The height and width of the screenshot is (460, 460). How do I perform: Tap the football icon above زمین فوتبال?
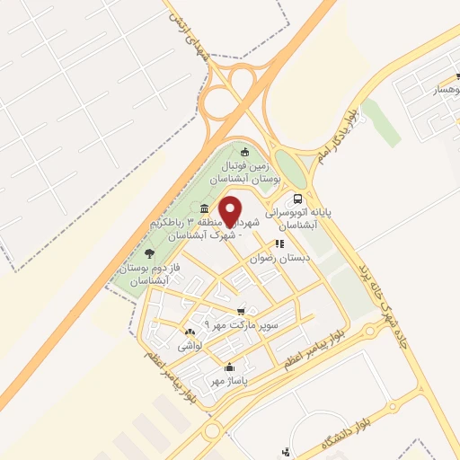point(244,150)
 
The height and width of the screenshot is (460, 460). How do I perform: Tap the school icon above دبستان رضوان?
point(280,243)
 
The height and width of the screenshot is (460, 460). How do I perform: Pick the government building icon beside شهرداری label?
point(193,209)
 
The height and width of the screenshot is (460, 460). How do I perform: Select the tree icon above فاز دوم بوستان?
point(148,254)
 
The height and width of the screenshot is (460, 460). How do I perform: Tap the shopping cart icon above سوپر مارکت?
point(240,310)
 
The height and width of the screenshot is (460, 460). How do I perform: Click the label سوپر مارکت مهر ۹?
point(243,323)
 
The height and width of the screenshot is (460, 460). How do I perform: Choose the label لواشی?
point(192,344)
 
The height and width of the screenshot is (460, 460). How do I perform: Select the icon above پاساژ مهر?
point(228,367)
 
